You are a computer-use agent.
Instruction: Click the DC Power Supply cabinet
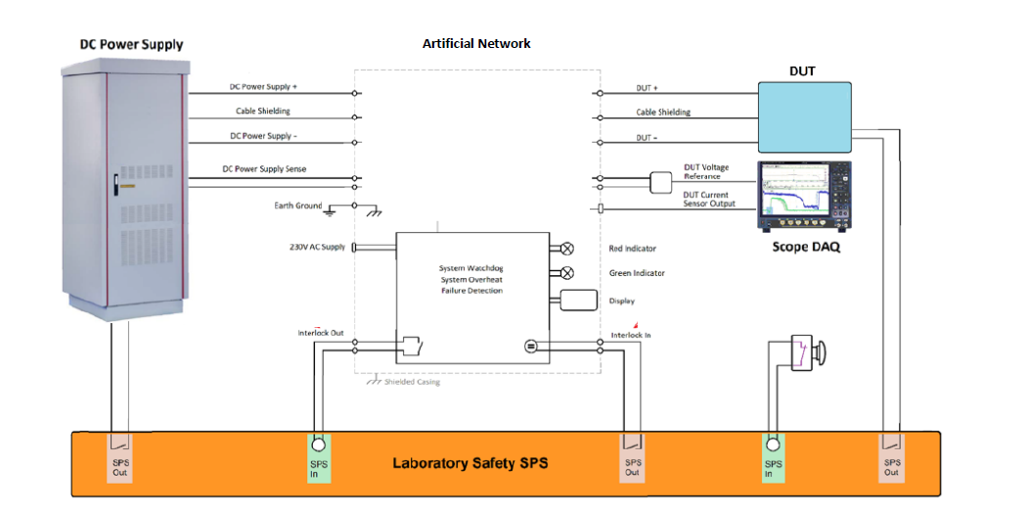tap(123, 191)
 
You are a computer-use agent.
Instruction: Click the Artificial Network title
tap(476, 44)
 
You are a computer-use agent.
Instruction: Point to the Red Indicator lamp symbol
tap(566, 249)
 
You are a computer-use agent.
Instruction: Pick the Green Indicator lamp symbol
tap(566, 273)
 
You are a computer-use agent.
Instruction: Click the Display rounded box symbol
tap(578, 300)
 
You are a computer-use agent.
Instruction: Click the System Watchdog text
tap(470, 266)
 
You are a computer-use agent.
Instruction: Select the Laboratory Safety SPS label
tap(469, 463)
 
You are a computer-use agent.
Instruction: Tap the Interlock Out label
tap(321, 333)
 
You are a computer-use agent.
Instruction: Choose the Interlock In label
tap(631, 336)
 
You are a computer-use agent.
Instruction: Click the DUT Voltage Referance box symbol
tap(661, 181)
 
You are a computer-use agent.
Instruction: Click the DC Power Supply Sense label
tap(264, 169)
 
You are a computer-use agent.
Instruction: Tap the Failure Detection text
tap(470, 291)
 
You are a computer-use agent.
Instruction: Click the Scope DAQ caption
tap(806, 248)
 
